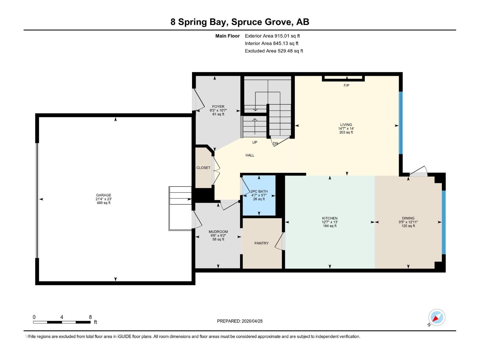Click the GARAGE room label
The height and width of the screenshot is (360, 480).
103,195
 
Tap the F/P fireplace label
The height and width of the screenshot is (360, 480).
346,85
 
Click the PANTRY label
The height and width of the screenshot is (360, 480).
261,243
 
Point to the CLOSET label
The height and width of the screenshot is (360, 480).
203,168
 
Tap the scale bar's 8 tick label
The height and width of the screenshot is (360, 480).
90,317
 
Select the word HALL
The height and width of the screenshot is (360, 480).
250,155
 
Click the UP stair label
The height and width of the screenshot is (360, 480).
254,142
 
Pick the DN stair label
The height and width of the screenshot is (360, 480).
275,143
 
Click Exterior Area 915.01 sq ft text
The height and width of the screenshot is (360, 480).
272,36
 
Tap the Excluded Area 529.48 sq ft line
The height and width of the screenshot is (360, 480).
274,51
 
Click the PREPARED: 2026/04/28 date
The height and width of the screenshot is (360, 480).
240,321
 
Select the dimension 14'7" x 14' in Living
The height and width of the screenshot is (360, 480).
346,128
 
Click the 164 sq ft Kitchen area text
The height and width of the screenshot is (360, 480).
330,226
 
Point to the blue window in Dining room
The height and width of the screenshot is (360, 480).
444,222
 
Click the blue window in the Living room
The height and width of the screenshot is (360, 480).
400,123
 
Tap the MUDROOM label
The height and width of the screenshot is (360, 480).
218,232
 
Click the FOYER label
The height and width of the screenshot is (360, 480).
218,106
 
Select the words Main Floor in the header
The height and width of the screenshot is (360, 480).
227,36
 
